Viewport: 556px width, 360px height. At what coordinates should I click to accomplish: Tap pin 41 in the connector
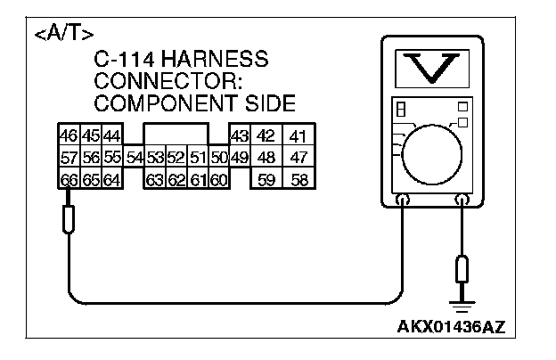tap(298, 136)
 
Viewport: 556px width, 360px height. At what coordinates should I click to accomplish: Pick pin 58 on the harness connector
tap(298, 179)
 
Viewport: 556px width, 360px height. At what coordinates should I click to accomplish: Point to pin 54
tap(135, 159)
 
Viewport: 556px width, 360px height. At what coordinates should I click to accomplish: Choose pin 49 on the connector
tap(239, 159)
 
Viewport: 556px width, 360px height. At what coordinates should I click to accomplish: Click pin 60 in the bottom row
tap(219, 179)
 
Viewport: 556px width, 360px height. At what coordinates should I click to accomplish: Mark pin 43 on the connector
tap(239, 136)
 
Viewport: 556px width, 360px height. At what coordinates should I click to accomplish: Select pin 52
tap(176, 159)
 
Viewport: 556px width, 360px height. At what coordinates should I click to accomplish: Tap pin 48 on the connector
tap(266, 159)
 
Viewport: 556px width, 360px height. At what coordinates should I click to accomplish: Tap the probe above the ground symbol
tap(462, 267)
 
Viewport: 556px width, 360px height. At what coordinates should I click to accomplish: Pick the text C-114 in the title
tap(124, 60)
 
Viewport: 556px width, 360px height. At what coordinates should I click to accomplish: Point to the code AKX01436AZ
tap(452, 326)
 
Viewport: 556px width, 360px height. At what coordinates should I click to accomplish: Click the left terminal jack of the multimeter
tap(403, 201)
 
